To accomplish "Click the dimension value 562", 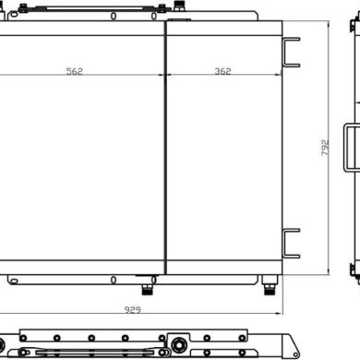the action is pos(75,71).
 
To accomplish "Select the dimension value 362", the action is pos(222,71).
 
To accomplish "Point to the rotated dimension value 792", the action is pos(325,148).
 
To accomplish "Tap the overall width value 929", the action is pos(133,309).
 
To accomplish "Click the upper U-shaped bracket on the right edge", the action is pos(284,53).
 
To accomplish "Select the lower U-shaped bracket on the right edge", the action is pos(284,244).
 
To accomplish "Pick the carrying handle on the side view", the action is pos(346,148).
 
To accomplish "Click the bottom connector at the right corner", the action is pos(270,285).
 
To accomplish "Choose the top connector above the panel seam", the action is pos(178,6).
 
